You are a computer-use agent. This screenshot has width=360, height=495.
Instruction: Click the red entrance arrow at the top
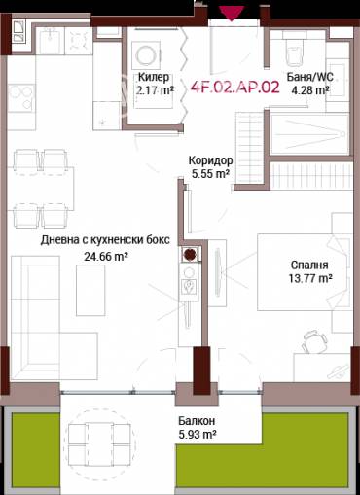tap(231, 13)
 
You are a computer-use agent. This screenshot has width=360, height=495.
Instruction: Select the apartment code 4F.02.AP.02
tap(235, 85)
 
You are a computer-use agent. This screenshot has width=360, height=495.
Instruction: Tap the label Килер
tap(154, 77)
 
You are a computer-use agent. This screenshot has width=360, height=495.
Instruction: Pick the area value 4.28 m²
tap(309, 90)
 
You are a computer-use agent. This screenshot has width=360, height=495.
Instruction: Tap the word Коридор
tap(209, 160)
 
